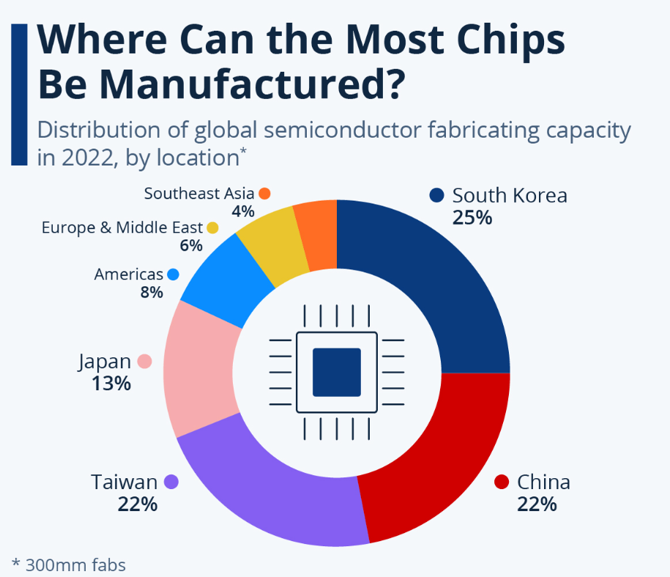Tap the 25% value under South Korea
coord(472,217)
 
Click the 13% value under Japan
coord(111,383)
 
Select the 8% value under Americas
coord(152,293)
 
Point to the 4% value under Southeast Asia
coord(242,212)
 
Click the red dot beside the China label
coord(502,482)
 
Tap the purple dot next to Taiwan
coord(172,482)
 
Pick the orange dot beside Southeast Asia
coord(264,193)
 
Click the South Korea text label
coord(510,196)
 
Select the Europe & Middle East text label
coord(122,228)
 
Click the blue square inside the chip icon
coord(337,372)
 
